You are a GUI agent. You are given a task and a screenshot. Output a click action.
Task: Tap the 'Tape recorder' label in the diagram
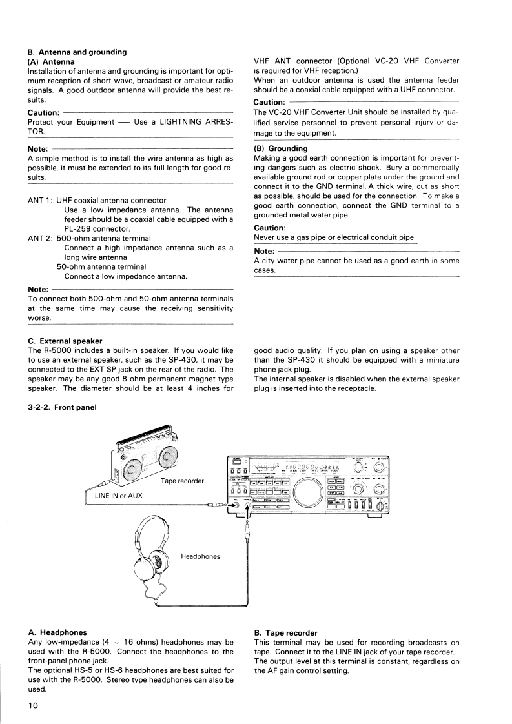coord(183,481)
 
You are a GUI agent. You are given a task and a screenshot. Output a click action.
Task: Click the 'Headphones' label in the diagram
coord(200,556)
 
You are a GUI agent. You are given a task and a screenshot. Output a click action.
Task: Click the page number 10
coord(34,705)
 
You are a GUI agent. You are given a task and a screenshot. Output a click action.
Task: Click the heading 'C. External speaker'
coord(65,341)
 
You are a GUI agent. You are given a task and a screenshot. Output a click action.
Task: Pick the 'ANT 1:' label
coord(43,201)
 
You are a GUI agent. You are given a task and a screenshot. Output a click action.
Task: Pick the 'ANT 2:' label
coord(43,238)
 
